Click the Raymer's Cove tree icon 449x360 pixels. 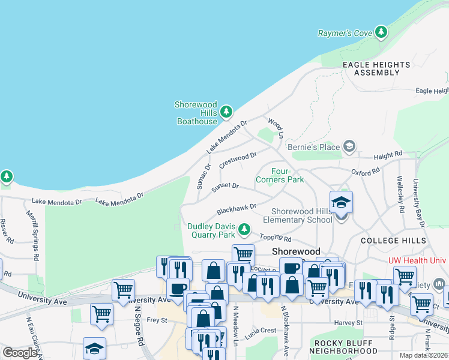(381, 32)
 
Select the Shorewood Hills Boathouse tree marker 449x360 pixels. (226, 112)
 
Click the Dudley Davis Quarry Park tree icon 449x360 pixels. (244, 229)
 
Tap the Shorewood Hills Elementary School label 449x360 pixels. (301, 215)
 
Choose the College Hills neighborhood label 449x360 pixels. (393, 240)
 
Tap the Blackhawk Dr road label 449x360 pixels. (237, 209)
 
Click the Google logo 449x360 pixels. (20, 353)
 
